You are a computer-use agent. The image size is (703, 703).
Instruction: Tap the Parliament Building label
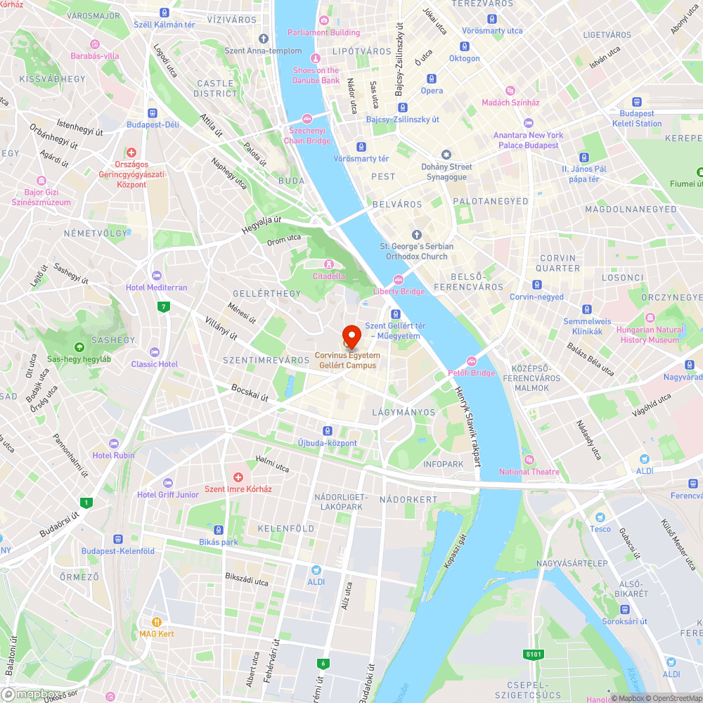pyautogui.click(x=324, y=32)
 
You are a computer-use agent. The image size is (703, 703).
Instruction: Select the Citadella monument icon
pyautogui.click(x=328, y=264)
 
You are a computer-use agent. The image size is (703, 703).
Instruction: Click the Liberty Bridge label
pyautogui.click(x=399, y=291)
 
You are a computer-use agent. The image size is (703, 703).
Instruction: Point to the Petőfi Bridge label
pyautogui.click(x=472, y=373)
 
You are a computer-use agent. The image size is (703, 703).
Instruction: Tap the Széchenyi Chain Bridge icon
pyautogui.click(x=307, y=118)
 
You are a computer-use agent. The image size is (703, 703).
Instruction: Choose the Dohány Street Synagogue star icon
pyautogui.click(x=446, y=154)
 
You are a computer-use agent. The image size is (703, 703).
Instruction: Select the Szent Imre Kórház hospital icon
pyautogui.click(x=238, y=477)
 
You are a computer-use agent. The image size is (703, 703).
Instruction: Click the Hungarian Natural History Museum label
pyautogui.click(x=650, y=335)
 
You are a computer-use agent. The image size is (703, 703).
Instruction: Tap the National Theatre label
pyautogui.click(x=529, y=472)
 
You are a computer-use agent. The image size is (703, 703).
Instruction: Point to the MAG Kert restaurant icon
pyautogui.click(x=157, y=621)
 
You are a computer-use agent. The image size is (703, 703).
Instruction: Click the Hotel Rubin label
pyautogui.click(x=114, y=455)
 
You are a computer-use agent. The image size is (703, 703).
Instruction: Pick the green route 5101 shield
pyautogui.click(x=534, y=654)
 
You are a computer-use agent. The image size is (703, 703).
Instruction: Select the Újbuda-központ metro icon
pyautogui.click(x=327, y=430)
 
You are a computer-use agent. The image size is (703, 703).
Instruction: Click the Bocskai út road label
pyautogui.click(x=250, y=393)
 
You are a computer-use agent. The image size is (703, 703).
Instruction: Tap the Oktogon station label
pyautogui.click(x=465, y=58)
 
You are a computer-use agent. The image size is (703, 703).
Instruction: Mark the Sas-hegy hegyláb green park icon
pyautogui.click(x=79, y=347)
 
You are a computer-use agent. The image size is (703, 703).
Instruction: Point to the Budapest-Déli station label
pyautogui.click(x=153, y=124)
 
